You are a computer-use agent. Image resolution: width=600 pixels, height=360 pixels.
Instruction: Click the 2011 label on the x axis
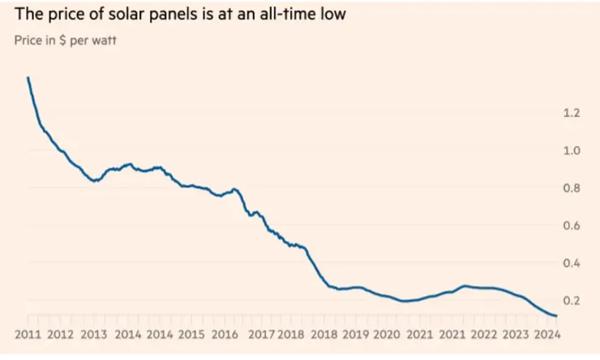coord(28,334)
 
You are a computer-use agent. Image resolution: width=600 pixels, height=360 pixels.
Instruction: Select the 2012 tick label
coord(62,334)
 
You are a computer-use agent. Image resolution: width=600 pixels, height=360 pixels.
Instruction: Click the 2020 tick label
coord(387,334)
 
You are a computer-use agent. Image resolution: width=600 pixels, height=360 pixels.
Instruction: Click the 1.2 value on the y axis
coord(571,113)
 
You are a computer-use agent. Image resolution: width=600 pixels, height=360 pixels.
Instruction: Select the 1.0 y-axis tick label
coord(571,151)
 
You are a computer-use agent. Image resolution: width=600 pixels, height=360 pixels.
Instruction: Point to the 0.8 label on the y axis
coord(571,188)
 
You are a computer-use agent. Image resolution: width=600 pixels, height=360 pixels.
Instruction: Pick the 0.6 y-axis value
coord(571,226)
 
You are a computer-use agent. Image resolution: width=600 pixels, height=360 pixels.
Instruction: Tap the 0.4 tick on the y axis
coord(571,264)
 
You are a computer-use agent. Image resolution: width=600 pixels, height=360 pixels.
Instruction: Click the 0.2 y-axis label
coord(571,301)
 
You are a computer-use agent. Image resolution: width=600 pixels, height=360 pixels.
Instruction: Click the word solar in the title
coord(122,15)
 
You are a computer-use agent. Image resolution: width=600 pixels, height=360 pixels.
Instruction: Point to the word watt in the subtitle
coord(103,40)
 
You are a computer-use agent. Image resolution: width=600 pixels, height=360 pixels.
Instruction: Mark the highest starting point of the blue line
coord(28,78)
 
